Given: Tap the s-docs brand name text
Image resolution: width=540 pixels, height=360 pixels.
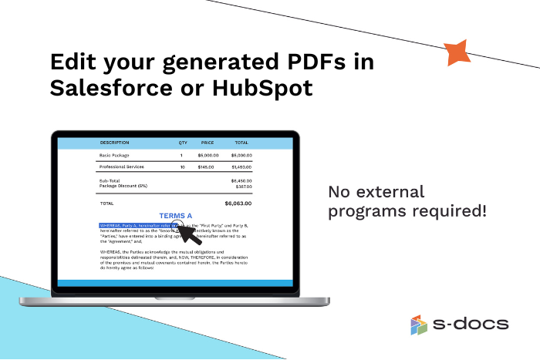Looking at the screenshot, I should [471, 325].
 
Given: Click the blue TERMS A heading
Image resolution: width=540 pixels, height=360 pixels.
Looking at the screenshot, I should [176, 216].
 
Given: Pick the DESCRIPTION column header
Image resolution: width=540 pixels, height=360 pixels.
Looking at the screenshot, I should [115, 143].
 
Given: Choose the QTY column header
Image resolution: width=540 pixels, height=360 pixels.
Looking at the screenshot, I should [183, 143].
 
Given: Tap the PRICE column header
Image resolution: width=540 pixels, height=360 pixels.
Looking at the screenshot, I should [207, 143].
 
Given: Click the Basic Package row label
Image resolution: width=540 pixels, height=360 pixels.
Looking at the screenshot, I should [113, 156].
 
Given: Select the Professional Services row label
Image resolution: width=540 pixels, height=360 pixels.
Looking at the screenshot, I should [121, 167].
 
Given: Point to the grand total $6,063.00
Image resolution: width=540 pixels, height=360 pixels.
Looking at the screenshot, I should [238, 203].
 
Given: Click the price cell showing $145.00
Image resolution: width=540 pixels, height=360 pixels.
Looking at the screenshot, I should [205, 167].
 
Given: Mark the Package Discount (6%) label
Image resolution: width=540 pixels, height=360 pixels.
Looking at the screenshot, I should [123, 186].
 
